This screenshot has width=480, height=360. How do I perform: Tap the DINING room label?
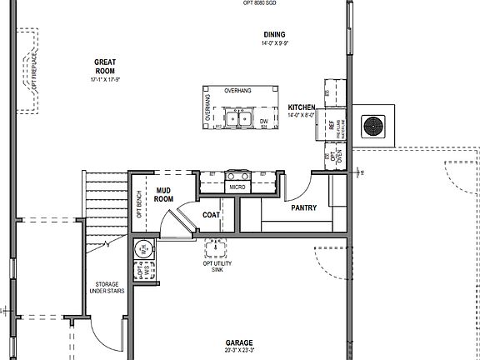click(274, 34)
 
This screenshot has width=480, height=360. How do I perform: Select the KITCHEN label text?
click(301, 108)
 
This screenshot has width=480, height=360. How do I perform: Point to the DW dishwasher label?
click(263, 122)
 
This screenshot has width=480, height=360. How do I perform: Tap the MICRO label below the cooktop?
click(237, 187)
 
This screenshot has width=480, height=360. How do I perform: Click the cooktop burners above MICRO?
click(237, 175)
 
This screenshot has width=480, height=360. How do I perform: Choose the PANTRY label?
click(303, 207)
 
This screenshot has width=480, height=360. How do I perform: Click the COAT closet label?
click(212, 215)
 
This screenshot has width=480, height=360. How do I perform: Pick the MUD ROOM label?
click(164, 195)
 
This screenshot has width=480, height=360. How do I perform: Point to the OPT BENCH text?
click(138, 205)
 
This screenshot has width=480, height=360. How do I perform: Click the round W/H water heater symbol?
click(142, 248)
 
